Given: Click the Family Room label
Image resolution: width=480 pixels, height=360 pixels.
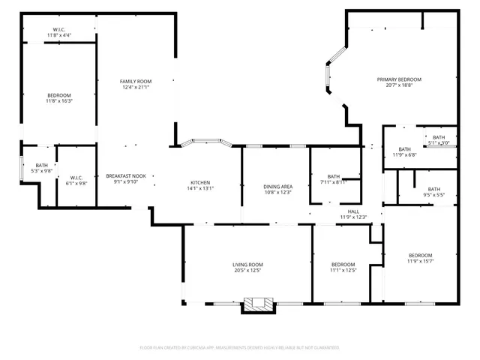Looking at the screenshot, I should [x=136, y=81].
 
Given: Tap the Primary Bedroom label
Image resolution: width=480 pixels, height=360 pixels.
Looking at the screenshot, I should [x=399, y=79].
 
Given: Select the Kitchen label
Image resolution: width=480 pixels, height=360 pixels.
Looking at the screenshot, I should [x=200, y=183].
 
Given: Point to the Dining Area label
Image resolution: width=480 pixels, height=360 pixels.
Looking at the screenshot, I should [x=277, y=187].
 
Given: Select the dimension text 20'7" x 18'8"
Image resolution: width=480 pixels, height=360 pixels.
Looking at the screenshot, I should [x=399, y=85].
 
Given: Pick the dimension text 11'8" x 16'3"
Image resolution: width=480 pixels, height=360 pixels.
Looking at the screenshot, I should [x=59, y=101].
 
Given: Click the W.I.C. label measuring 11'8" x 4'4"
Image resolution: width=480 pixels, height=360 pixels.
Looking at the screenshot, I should [x=59, y=29].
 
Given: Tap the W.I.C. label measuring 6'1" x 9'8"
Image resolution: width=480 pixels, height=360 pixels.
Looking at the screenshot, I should [x=76, y=178].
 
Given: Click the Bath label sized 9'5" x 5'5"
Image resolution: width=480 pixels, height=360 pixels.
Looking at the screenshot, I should [x=434, y=189].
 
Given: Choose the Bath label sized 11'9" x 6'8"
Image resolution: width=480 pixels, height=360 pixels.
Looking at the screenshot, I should [x=405, y=149].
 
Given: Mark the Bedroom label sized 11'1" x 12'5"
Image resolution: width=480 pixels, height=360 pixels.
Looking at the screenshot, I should [x=343, y=265].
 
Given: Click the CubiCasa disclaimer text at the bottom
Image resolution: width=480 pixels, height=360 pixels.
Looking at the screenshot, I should [x=240, y=347].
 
